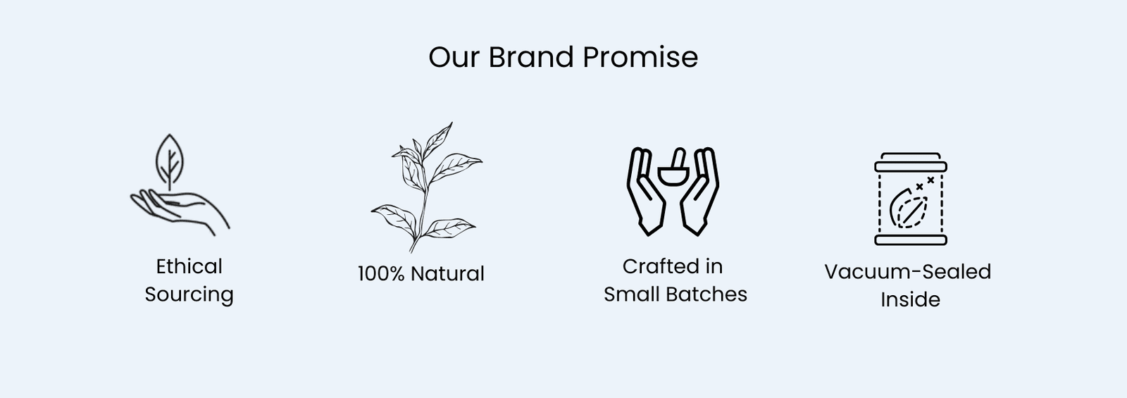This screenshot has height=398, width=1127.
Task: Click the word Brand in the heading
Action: (531, 57)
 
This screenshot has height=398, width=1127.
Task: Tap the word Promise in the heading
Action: (640, 57)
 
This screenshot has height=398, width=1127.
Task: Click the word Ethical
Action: (189, 266)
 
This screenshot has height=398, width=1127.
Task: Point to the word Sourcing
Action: (189, 295)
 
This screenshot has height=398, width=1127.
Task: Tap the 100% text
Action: (381, 274)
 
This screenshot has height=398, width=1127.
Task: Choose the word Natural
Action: (447, 274)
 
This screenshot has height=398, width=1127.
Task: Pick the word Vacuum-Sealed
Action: (908, 272)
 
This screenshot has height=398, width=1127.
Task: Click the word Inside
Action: (910, 300)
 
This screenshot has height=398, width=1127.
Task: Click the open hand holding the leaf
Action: (180, 211)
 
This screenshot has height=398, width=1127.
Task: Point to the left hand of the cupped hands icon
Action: (645, 191)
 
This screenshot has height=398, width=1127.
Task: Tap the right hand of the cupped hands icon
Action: (700, 191)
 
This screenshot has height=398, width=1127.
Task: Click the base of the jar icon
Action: (911, 240)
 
